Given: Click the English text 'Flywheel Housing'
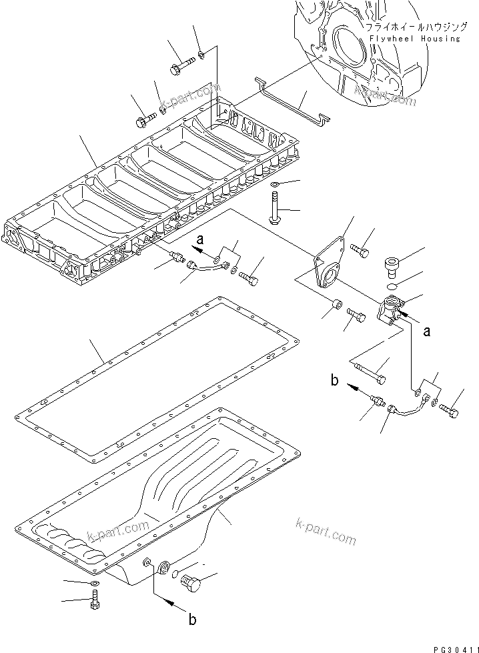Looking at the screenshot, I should [412, 39].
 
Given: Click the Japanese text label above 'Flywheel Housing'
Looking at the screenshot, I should [412, 28].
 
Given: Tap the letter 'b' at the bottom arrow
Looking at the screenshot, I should [192, 620].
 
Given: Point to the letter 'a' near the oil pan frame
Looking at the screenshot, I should [199, 237].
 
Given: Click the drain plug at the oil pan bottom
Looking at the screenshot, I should [191, 583].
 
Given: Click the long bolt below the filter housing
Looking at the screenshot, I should [370, 371].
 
